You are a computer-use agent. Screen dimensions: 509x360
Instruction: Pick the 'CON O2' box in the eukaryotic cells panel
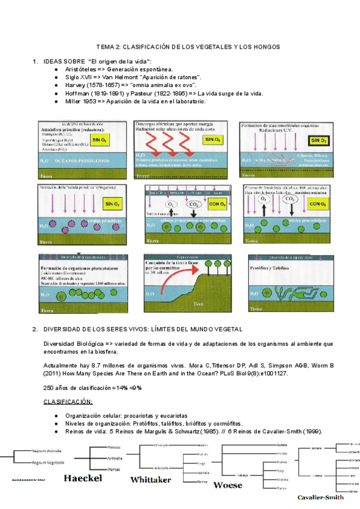click(217, 205)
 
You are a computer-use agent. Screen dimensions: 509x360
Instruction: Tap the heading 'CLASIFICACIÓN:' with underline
click(68, 401)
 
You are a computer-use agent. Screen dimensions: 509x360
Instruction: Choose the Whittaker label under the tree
click(151, 480)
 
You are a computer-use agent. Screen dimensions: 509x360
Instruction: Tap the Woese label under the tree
click(228, 484)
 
